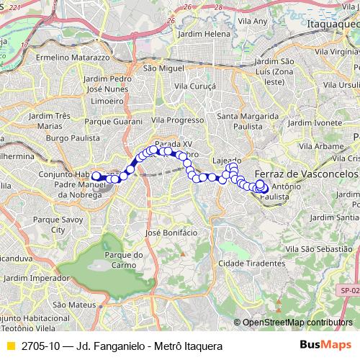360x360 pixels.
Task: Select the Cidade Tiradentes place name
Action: tap(245, 264)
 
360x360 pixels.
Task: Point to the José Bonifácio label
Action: tap(171, 233)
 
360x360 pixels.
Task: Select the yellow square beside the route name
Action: tap(9, 346)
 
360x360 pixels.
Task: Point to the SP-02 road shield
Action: tap(349, 290)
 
